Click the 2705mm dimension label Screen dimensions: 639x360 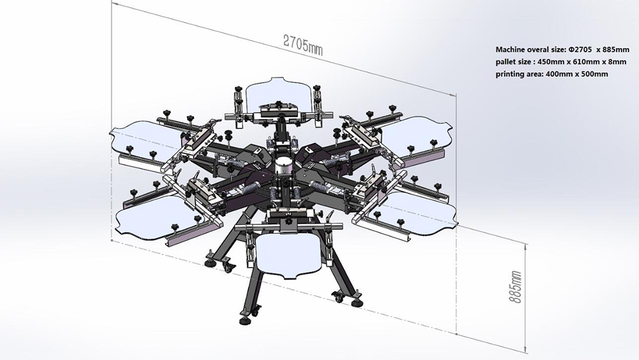coord(303,44)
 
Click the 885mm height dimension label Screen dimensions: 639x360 coord(515,286)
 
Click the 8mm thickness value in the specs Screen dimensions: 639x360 coord(617,62)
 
